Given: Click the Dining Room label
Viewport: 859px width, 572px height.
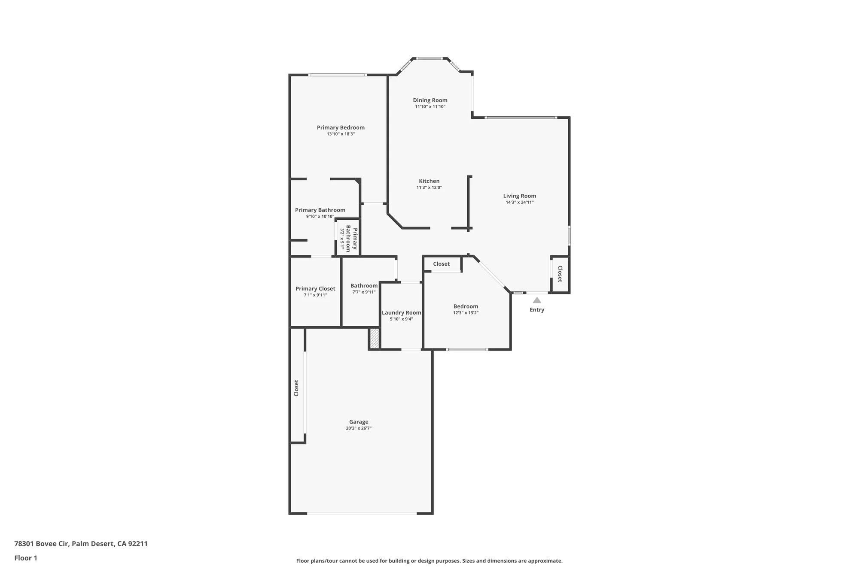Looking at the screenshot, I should point(430,100).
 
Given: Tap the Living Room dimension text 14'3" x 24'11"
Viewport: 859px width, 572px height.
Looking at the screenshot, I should point(519,202).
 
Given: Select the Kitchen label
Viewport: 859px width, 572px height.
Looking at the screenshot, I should point(429,181).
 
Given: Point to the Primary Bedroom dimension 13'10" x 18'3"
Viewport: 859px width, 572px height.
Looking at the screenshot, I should point(341,134).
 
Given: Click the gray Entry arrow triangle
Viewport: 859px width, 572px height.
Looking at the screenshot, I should point(537,300).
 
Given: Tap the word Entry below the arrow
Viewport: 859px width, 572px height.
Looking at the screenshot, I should point(537,310).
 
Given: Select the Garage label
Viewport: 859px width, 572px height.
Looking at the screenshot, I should point(359,422).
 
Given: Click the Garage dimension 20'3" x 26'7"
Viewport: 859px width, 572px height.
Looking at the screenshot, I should point(359,428).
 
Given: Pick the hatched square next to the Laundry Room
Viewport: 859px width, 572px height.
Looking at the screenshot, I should point(375,338).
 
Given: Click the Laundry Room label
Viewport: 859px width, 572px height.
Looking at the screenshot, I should point(401,312).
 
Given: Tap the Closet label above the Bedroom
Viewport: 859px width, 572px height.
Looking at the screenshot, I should point(441,264).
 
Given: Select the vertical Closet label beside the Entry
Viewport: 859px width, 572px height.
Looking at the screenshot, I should point(560,274).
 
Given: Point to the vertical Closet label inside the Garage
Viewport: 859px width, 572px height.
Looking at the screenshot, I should point(296,388).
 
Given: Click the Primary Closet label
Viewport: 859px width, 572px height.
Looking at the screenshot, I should point(315,288).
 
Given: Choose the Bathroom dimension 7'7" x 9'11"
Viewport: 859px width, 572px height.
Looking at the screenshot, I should point(364,292).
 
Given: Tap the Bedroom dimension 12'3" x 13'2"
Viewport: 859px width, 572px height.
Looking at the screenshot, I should point(466,313).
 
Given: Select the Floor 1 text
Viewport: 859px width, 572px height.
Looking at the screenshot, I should point(26,558).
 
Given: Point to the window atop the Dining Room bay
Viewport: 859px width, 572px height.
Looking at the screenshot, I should point(429,58).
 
